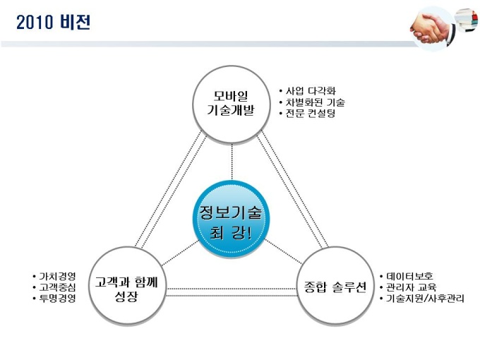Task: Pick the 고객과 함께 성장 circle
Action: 127,287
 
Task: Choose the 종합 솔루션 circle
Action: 332,287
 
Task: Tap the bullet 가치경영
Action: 56,276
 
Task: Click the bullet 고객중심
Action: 56,287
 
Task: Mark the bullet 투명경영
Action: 56,298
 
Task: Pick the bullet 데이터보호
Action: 409,276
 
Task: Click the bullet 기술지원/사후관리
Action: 424,299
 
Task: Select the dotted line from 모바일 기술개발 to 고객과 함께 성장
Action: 169,191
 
